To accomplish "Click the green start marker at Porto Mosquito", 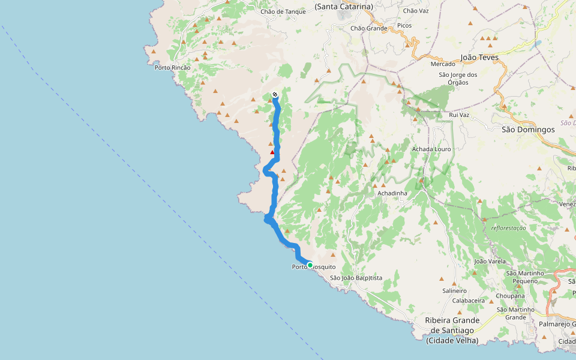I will pyautogui.click(x=310, y=265).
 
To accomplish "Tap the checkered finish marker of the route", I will pyautogui.click(x=275, y=94).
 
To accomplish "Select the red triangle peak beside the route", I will pyautogui.click(x=272, y=152).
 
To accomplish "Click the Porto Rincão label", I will pyautogui.click(x=172, y=67).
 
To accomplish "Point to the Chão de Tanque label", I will pyautogui.click(x=283, y=11).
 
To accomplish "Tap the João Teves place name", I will pyautogui.click(x=479, y=58).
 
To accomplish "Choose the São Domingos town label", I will pyautogui.click(x=528, y=129).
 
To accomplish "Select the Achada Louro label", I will pyautogui.click(x=431, y=149).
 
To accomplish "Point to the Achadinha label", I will pyautogui.click(x=392, y=193).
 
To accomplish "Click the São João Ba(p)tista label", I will pyautogui.click(x=356, y=278).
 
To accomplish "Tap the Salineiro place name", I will pyautogui.click(x=454, y=290).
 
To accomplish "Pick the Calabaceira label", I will pyautogui.click(x=469, y=301).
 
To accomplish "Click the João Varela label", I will pyautogui.click(x=490, y=262).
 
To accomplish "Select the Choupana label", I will pyautogui.click(x=511, y=296).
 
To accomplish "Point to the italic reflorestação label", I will pyautogui.click(x=508, y=228).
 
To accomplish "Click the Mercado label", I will pyautogui.click(x=443, y=64).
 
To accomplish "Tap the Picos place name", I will pyautogui.click(x=404, y=26).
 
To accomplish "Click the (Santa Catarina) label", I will pyautogui.click(x=344, y=7).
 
